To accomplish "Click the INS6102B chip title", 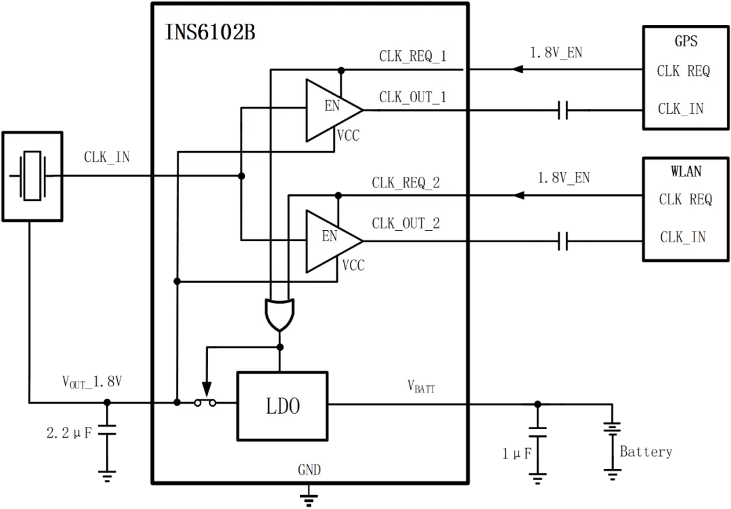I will point(210,32).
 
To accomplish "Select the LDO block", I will point(282,406).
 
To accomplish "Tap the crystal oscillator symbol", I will point(32,176).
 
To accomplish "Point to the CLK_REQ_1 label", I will point(412,56).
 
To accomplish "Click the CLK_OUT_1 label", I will point(412,97).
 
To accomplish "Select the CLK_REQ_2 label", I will point(405,183).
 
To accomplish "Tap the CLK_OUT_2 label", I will point(405,223).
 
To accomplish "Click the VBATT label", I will point(421,386).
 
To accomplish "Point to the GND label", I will point(309,470).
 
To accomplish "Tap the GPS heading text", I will point(686,41).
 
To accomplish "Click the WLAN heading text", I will point(686,171).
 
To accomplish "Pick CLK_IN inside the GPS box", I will point(681,108).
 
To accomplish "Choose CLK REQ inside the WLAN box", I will point(685,199).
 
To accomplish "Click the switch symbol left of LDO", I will point(205,402).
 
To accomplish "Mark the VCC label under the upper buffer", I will point(348,135).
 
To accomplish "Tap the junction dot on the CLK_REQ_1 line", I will point(341,70).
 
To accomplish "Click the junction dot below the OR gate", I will point(280,347).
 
